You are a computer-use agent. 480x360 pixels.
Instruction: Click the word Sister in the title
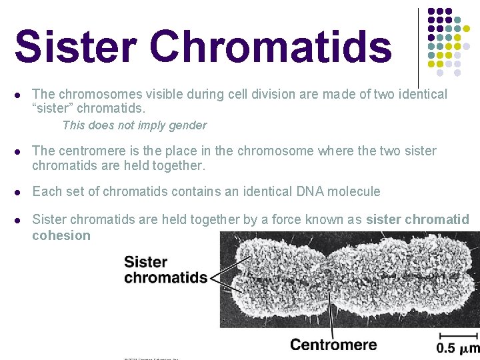[x=75, y=47]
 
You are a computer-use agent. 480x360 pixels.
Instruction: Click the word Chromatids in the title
[x=271, y=47]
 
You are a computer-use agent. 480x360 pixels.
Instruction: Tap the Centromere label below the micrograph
[x=333, y=345]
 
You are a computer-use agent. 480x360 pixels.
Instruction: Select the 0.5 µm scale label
[x=457, y=347]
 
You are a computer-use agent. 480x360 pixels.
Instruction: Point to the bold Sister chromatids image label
[x=165, y=269]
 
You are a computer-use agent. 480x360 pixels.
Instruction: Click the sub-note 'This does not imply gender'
[x=134, y=125]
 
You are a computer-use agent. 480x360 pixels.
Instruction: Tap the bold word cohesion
[x=61, y=235]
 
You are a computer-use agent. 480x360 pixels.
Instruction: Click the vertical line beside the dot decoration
[x=418, y=47]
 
